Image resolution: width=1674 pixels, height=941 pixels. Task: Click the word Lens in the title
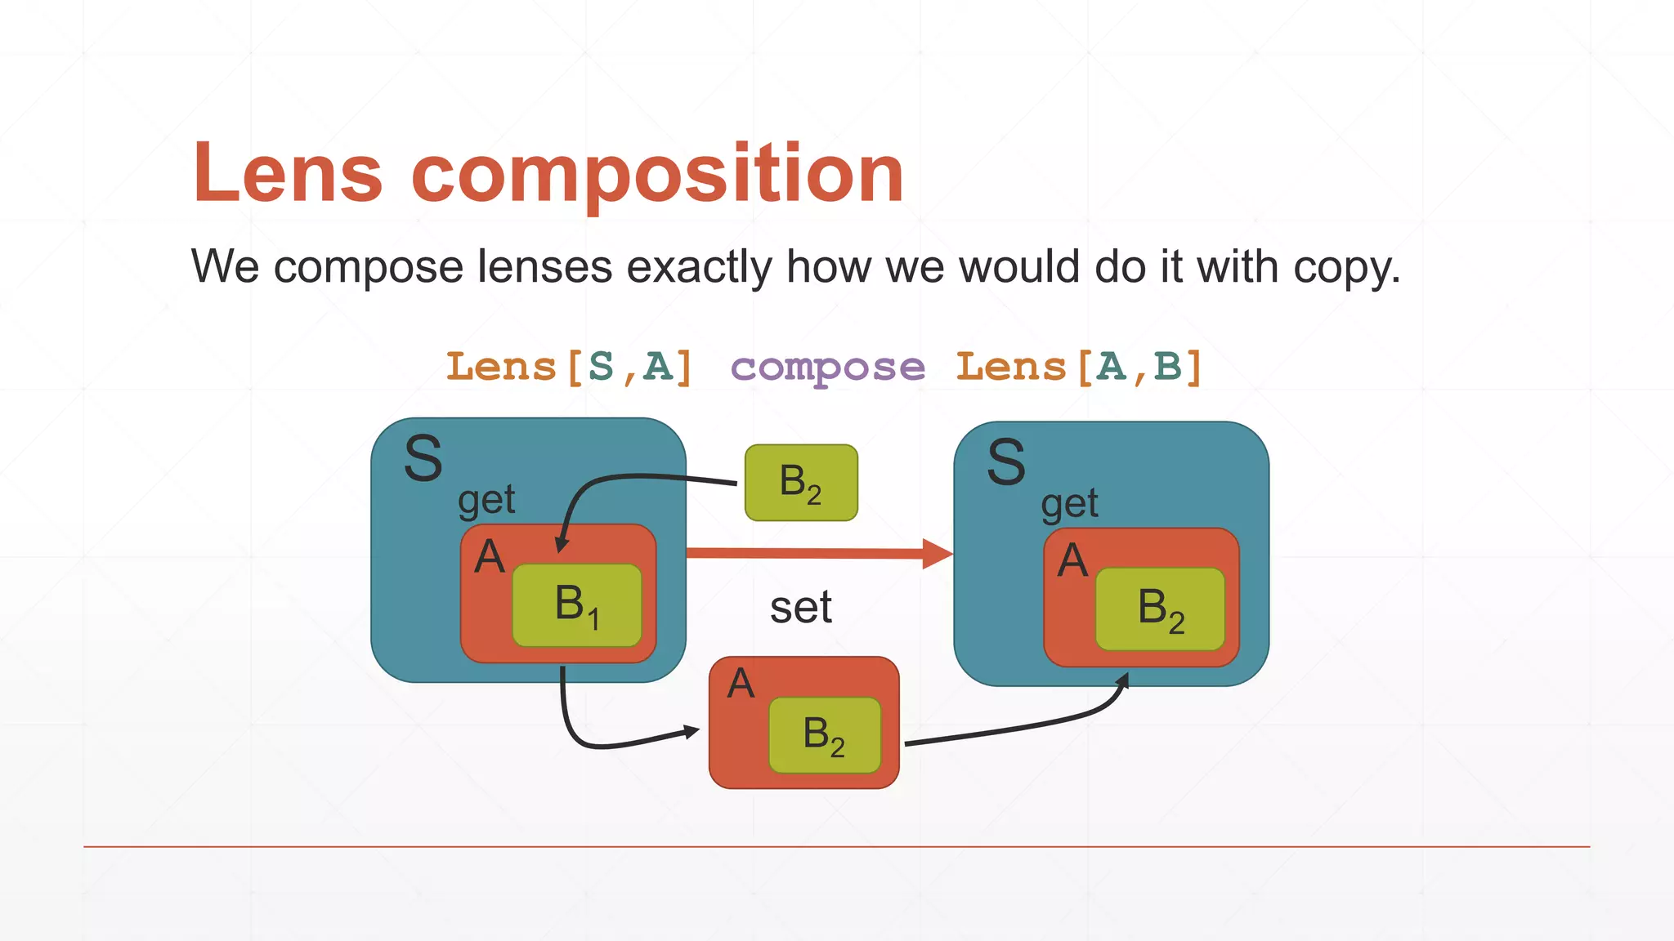[x=288, y=173]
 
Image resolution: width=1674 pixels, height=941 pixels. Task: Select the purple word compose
[x=827, y=368]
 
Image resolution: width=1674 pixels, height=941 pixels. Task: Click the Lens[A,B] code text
[x=1079, y=367]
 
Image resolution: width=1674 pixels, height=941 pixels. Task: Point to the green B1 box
[x=577, y=605]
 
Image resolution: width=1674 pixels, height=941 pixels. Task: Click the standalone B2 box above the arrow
[x=801, y=483]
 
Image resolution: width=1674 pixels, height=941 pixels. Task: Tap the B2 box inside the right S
[x=1160, y=609]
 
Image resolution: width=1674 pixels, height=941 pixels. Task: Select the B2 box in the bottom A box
[x=824, y=735]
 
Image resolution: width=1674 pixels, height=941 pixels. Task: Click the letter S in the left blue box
[x=423, y=459]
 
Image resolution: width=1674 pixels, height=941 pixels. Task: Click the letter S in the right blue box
[x=1006, y=463]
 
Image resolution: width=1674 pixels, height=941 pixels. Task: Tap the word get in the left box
[x=486, y=499]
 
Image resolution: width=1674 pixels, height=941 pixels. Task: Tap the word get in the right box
[x=1069, y=504]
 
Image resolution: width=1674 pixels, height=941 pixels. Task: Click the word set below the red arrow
[x=800, y=608]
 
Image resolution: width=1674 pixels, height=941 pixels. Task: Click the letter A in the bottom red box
[x=741, y=684]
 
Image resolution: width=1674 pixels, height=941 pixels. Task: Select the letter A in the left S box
[x=490, y=557]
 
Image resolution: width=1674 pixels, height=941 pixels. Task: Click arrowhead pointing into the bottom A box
[x=692, y=731]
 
